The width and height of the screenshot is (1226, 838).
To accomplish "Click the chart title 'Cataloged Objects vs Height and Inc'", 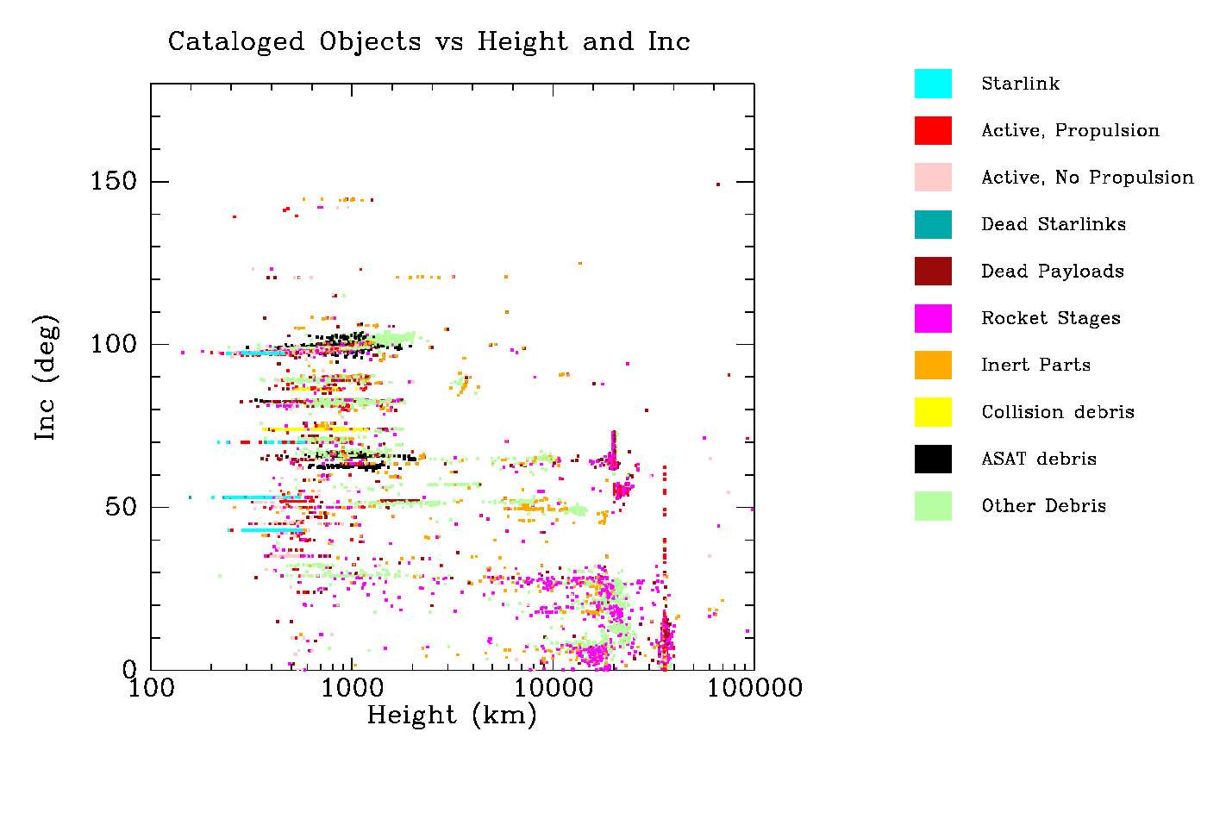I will [x=428, y=41].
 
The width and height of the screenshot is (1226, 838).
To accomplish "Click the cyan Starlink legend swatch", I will [x=933, y=84].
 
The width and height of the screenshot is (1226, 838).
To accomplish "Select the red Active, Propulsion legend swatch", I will [x=933, y=130].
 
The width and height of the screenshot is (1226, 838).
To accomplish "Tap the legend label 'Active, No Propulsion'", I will [x=1087, y=178].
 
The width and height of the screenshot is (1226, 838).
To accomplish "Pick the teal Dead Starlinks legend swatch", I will [x=933, y=224].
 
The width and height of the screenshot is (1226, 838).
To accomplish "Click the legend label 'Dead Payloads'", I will [x=1052, y=272].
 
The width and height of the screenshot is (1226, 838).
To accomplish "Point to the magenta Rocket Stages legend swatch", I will [x=933, y=318].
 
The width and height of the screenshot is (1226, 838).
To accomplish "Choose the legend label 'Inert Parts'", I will [x=1035, y=365].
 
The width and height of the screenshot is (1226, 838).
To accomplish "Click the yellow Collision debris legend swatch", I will [x=933, y=412].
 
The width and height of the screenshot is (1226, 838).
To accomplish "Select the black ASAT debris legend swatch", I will [x=933, y=459].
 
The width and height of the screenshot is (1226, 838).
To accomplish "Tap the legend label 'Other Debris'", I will [x=1043, y=506].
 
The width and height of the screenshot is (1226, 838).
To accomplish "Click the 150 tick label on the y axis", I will [x=114, y=181].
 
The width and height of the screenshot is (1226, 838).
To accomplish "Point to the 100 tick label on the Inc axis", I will [x=114, y=344].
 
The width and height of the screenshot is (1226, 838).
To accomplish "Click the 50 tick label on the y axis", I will [x=122, y=507].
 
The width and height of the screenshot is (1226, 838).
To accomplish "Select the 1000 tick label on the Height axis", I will [x=351, y=689].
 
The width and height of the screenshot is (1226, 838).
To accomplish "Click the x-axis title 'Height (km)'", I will [x=452, y=716].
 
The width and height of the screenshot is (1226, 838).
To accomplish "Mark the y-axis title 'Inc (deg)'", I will [x=47, y=378].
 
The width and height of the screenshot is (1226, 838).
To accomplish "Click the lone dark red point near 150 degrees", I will [x=717, y=184].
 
